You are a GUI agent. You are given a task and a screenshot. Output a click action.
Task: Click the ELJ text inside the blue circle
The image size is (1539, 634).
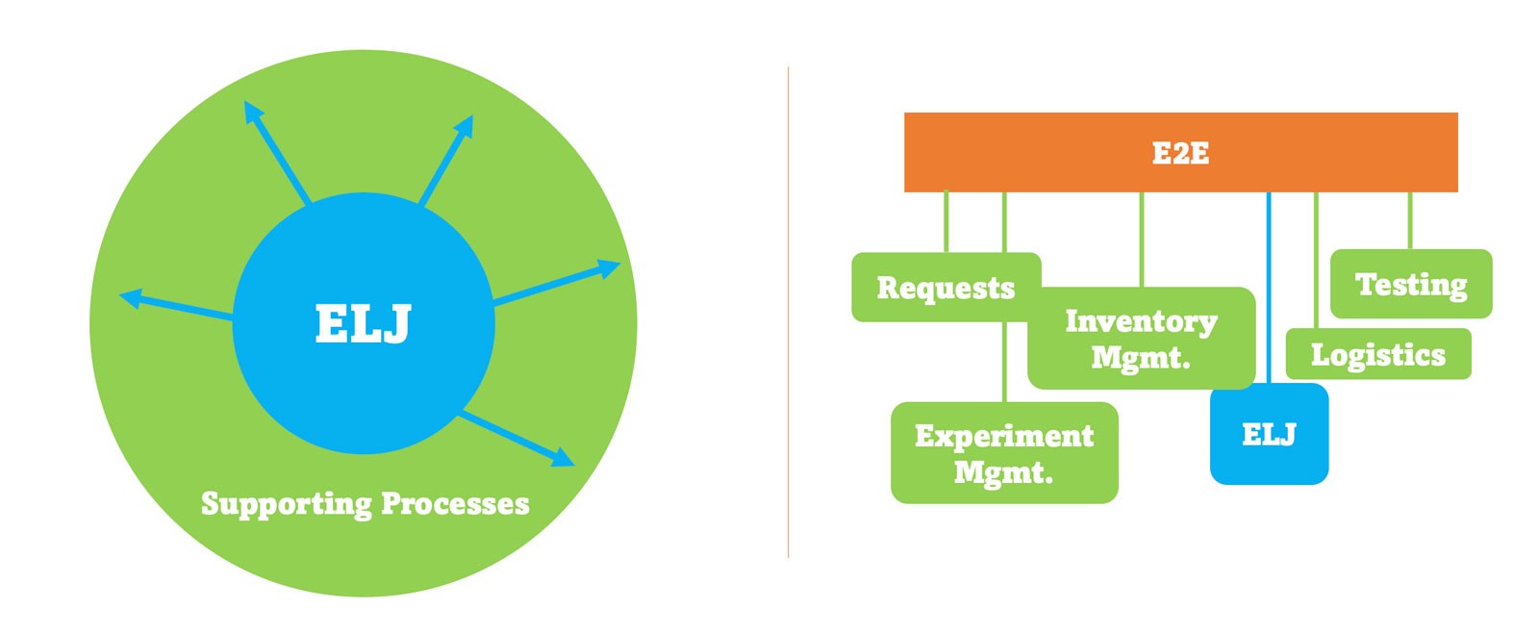(x=363, y=323)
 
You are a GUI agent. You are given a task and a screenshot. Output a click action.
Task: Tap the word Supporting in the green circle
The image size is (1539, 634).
(x=287, y=504)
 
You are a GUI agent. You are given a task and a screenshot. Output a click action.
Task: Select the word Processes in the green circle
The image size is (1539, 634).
(x=455, y=503)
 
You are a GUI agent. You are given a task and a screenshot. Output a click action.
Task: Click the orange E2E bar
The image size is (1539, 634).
(x=1180, y=152)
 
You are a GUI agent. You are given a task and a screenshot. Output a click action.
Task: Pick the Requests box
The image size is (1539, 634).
(x=946, y=287)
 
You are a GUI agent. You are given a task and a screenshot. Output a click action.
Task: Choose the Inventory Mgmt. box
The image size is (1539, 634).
(x=1141, y=338)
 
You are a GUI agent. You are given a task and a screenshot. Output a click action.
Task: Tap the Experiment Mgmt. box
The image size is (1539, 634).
(x=1004, y=453)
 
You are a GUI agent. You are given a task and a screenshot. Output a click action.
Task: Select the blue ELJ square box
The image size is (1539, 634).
(x=1269, y=434)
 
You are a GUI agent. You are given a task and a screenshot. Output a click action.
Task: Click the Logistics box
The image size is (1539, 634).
(x=1378, y=354)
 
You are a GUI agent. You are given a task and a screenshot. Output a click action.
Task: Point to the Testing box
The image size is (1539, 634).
(x=1411, y=284)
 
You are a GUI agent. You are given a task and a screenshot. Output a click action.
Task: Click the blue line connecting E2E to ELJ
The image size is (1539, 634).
(x=1269, y=288)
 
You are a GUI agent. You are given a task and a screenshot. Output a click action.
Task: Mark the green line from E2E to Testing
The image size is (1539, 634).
(x=1410, y=220)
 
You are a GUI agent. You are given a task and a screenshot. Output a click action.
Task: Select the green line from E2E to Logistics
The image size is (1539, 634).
(x=1316, y=261)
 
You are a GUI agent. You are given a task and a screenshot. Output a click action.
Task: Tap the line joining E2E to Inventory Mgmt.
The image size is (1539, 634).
(x=1141, y=240)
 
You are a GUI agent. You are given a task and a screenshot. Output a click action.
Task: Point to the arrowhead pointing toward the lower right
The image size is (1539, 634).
(x=564, y=458)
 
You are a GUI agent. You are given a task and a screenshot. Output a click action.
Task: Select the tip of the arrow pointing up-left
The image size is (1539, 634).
(x=245, y=102)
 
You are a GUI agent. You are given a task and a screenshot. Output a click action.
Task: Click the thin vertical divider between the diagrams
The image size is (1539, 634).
(x=788, y=313)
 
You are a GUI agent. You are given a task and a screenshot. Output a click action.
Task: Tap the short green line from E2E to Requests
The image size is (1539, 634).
(x=946, y=222)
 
